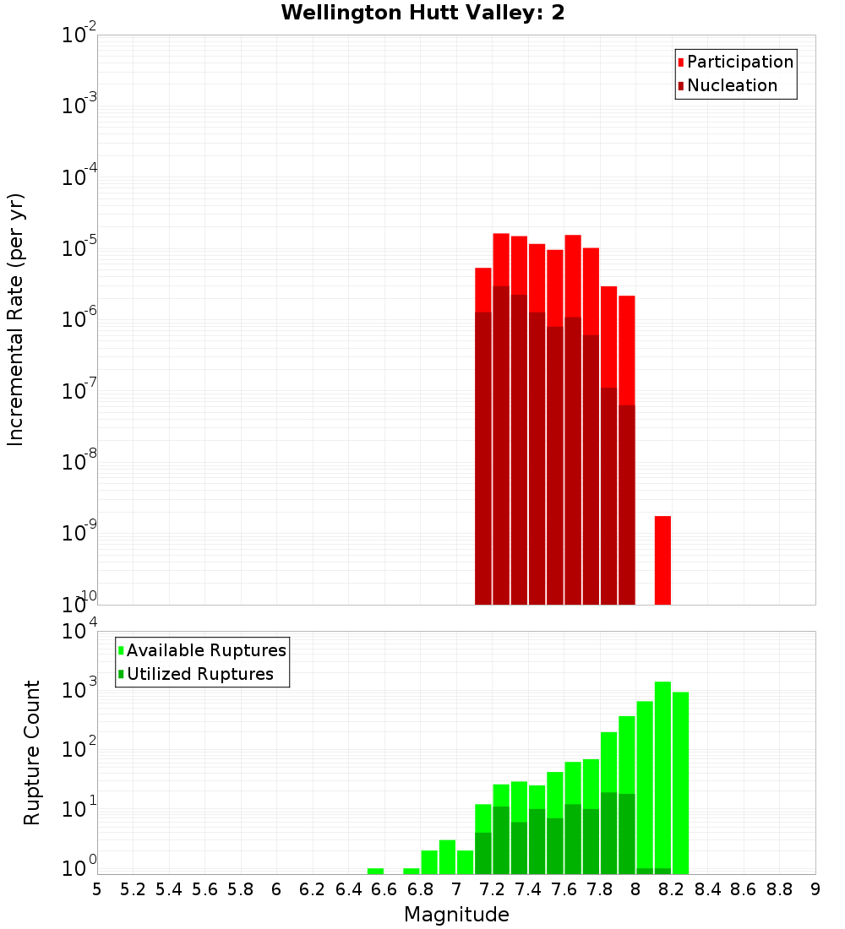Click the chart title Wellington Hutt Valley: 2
tap(422, 13)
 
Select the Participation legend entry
tap(739, 62)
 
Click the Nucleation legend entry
tap(732, 85)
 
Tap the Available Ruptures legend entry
tap(205, 650)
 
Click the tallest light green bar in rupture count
tap(662, 777)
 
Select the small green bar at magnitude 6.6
tap(375, 871)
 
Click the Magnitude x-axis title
tap(456, 915)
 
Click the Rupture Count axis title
tap(32, 752)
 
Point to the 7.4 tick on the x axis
tap(528, 889)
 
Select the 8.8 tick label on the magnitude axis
tap(779, 889)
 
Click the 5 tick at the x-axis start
tap(97, 889)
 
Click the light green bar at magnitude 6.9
tap(447, 857)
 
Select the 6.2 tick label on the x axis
tap(313, 889)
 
